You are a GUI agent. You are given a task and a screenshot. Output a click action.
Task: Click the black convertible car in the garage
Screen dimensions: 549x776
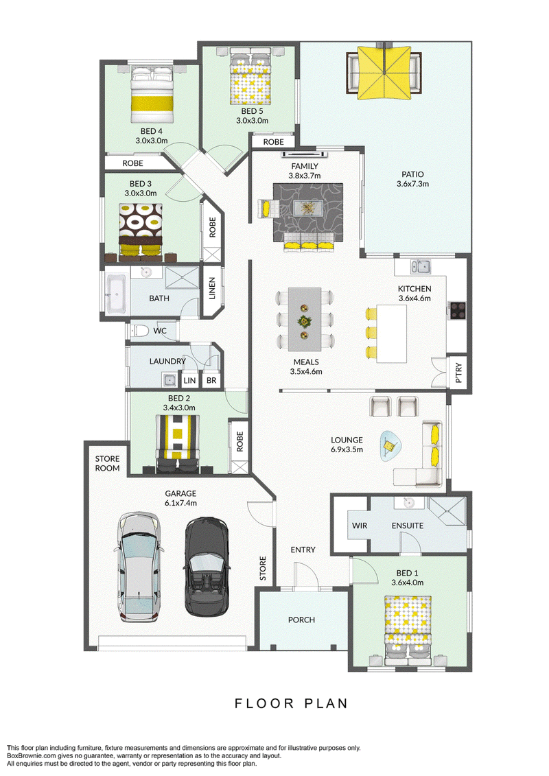pos(207,567)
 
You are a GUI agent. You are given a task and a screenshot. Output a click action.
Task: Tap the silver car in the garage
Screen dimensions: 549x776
pos(139,567)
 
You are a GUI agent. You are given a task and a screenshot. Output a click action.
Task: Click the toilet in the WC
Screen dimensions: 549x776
pos(139,330)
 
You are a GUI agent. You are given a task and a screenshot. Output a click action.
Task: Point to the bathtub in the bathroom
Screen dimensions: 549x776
pos(117,294)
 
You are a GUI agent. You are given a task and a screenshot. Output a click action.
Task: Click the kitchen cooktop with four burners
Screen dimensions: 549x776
pos(457,310)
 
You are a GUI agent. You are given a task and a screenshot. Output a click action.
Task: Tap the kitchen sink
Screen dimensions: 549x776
pos(420,267)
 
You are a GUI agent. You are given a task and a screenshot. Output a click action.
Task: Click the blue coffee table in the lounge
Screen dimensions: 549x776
pos(390,446)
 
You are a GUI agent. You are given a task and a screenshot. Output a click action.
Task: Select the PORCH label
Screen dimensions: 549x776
pos(301,620)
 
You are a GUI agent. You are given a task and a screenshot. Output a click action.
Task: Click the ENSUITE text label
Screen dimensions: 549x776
pos(408,526)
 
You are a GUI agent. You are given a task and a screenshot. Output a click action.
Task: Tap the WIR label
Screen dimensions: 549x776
pos(360,526)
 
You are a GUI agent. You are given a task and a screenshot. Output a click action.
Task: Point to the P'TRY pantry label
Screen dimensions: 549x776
pos(458,373)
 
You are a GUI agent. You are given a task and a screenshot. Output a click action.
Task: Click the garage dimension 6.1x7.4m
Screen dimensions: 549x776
pos(180,504)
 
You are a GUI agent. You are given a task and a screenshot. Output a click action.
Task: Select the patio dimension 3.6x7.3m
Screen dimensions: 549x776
pos(413,184)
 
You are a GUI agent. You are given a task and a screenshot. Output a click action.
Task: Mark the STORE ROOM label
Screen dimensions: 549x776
pos(108,463)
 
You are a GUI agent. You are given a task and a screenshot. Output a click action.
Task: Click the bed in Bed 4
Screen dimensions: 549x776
pos(152,95)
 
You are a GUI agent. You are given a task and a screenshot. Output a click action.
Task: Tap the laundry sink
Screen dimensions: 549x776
pos(170,380)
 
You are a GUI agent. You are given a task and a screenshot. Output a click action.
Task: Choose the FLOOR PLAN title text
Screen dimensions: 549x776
pos(291,703)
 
